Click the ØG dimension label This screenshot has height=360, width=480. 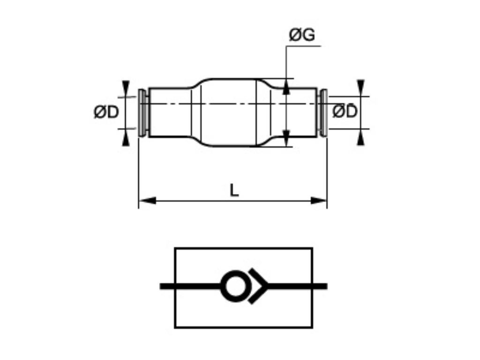pos(301,35)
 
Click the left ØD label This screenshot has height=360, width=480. pos(106,112)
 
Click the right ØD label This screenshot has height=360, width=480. pos(345,112)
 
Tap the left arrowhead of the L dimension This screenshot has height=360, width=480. pos(147,201)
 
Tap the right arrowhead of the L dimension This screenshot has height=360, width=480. pos(319,201)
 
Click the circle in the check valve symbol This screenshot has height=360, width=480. pos(233,286)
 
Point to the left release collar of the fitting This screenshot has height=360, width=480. pos(142,112)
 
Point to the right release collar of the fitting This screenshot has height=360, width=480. pos(323,112)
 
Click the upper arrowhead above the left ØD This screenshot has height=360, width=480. pos(126,88)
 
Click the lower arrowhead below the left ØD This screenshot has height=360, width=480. pos(126,137)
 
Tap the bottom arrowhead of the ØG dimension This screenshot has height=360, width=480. pos(286,137)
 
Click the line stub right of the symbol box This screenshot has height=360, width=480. pos(320,286)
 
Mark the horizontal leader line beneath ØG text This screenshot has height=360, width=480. pos(303,46)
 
